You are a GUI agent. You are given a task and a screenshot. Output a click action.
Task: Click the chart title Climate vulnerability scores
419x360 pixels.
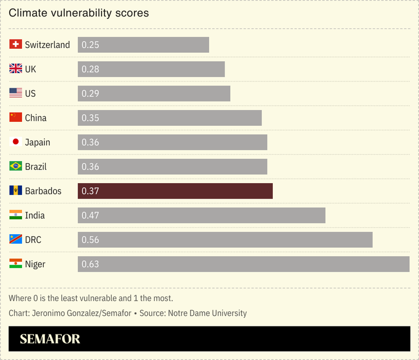click(x=79, y=12)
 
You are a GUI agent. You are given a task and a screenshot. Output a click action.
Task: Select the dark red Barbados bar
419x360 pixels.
click(x=175, y=191)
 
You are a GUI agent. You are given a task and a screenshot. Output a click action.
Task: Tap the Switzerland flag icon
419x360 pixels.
click(x=16, y=44)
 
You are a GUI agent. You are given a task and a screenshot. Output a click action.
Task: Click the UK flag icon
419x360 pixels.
click(x=16, y=69)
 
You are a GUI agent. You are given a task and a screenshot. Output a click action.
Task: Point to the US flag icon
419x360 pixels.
click(x=16, y=93)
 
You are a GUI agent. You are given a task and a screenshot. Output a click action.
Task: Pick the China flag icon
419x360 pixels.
click(x=16, y=117)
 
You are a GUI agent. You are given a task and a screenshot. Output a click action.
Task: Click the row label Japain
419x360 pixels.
click(x=37, y=142)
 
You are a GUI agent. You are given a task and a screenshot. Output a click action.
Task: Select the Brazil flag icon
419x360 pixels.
click(x=16, y=166)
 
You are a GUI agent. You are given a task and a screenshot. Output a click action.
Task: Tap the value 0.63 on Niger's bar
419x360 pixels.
click(x=91, y=264)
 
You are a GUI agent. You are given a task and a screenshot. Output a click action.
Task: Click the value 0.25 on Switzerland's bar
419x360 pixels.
click(x=91, y=45)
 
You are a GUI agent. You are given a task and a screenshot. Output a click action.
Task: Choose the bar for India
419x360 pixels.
click(x=201, y=215)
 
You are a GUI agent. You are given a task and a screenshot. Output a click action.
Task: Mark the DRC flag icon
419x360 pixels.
click(x=16, y=239)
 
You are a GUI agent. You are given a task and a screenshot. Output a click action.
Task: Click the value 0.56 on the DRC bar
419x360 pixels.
click(x=91, y=240)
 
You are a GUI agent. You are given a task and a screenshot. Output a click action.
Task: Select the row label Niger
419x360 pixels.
click(x=35, y=264)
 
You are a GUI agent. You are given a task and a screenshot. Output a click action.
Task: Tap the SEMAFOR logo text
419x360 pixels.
click(x=50, y=339)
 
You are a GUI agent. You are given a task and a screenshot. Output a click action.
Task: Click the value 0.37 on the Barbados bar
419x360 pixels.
click(x=91, y=191)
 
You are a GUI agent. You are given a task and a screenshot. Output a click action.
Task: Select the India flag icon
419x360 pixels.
click(x=16, y=215)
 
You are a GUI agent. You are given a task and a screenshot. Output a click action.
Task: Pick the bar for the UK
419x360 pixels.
click(x=151, y=69)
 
